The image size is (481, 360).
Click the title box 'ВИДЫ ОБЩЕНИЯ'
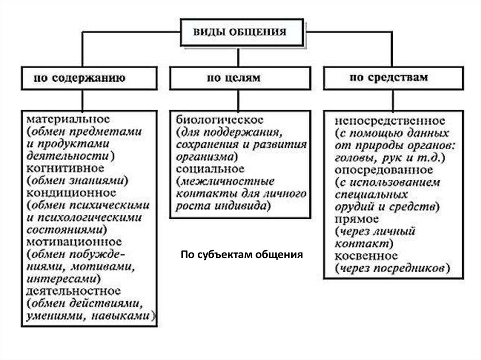[242, 32]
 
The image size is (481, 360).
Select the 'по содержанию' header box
[89, 78]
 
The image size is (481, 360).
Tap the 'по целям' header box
[240, 78]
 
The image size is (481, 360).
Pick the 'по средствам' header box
[394, 78]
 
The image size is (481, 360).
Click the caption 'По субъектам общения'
[242, 254]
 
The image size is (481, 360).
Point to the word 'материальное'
[68, 119]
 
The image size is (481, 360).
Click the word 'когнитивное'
[65, 169]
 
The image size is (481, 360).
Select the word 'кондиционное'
[71, 193]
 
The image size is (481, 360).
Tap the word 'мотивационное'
[74, 242]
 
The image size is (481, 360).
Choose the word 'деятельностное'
[74, 291]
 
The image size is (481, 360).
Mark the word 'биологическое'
[220, 120]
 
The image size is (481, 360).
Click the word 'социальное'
[210, 169]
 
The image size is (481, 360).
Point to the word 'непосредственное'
[390, 121]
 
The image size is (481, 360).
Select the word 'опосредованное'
[384, 170]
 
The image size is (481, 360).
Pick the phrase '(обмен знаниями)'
[78, 181]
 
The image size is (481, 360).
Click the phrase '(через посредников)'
[393, 268]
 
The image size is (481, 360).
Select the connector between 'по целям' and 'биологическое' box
[239, 100]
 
